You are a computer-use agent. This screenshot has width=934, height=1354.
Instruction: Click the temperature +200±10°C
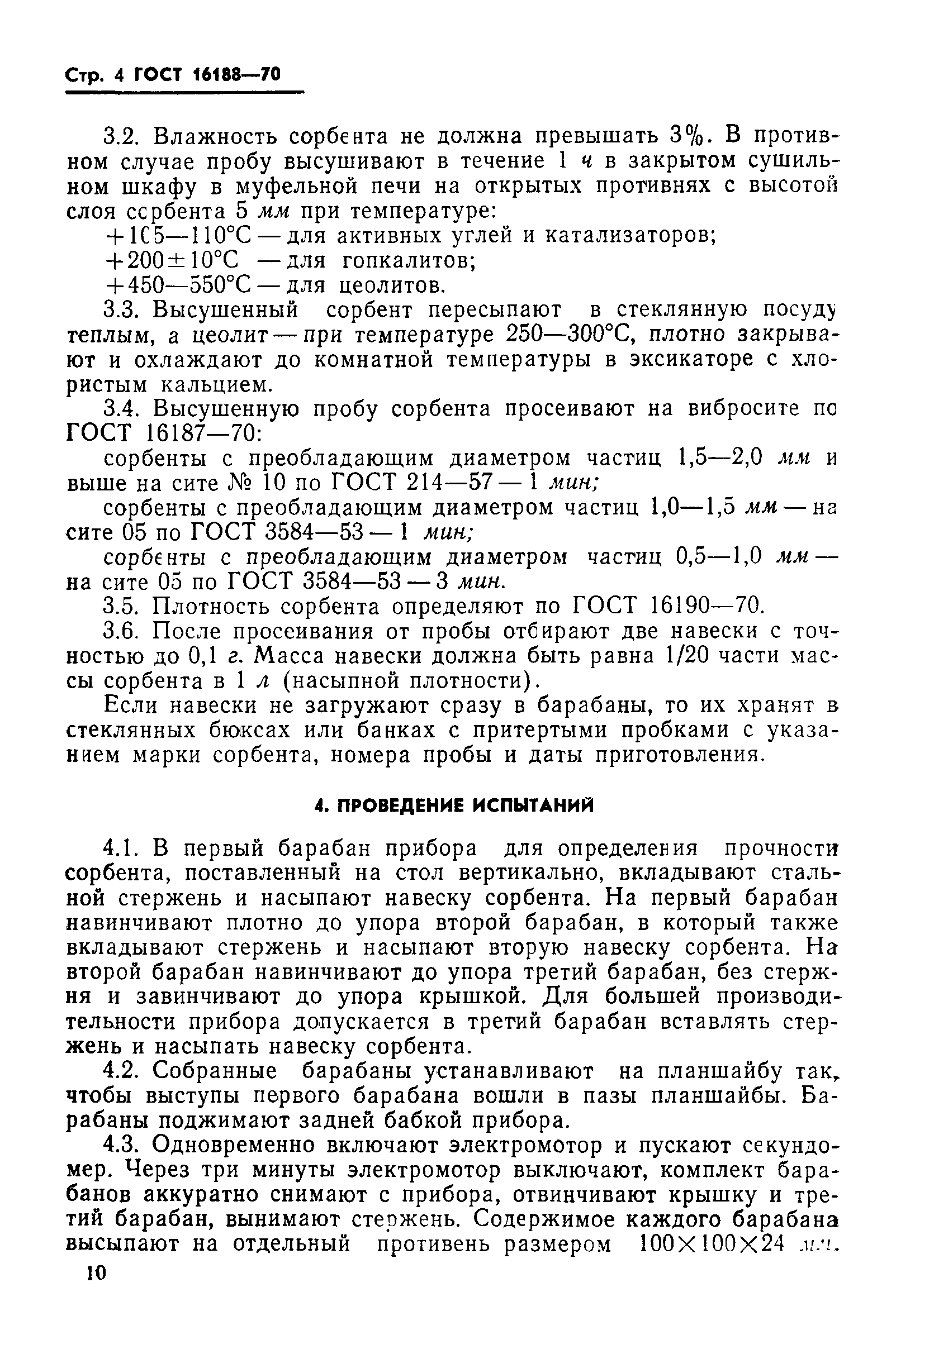click(x=172, y=260)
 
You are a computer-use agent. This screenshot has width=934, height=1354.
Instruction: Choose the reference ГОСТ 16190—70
click(x=667, y=607)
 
